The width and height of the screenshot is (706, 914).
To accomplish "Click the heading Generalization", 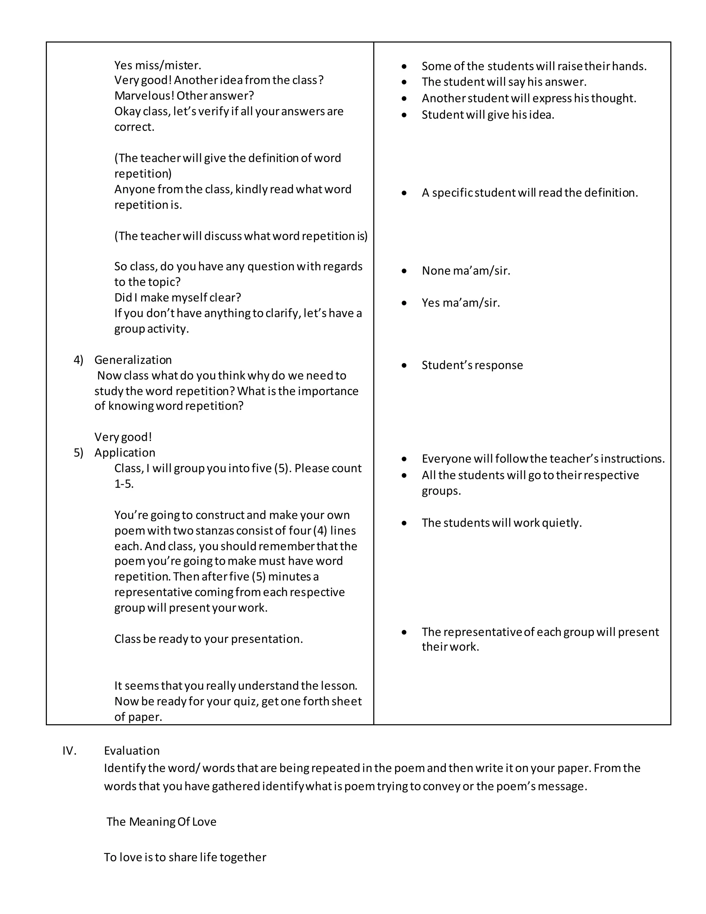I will tap(133, 360).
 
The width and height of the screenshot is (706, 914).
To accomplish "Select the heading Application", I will tap(125, 453).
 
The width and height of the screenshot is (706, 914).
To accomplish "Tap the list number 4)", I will tap(79, 360).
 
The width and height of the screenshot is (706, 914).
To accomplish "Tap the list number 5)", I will tap(79, 453).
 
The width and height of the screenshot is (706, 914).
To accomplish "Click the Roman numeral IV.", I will tap(69, 751).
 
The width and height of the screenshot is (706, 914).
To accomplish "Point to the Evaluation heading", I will tap(132, 751).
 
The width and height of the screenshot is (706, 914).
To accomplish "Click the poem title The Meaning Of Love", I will tap(161, 822).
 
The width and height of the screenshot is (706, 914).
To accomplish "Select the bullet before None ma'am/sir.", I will tap(404, 271).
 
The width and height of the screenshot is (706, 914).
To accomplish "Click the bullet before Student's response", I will tap(404, 365).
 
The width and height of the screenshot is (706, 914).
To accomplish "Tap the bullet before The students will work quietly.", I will tap(404, 523).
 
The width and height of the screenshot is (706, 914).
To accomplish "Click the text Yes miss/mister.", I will tap(158, 65).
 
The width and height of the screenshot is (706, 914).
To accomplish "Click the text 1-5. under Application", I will tap(124, 484).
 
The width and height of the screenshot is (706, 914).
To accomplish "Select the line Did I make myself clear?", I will tap(178, 298).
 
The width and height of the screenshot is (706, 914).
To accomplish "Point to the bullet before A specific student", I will tap(404, 193).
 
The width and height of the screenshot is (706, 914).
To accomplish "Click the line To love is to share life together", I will tap(185, 857).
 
